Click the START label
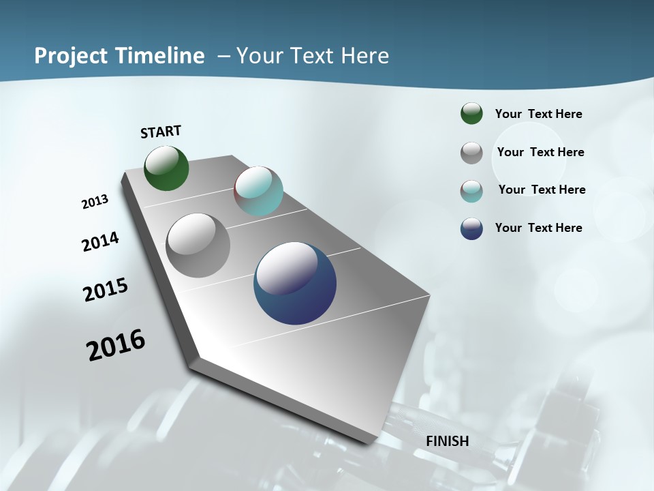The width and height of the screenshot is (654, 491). coord(161,132)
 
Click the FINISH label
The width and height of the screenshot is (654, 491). coord(448,441)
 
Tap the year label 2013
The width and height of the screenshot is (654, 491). coord(95,202)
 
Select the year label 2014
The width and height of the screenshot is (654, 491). coord(101,242)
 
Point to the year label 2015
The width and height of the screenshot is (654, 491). coord(106,290)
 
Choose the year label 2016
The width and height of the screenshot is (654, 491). coord(116,345)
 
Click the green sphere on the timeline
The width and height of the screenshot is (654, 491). coord(166,168)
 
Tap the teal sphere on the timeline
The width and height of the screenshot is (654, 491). coord(258,191)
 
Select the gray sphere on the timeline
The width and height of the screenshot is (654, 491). coord(198,245)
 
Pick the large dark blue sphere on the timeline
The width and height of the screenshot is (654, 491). coord(295,283)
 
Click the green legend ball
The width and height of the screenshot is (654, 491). coord(471,113)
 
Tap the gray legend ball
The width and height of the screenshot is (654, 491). coord(471,153)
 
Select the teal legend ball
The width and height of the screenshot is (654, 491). coord(471,191)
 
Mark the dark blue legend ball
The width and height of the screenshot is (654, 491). coord(471,228)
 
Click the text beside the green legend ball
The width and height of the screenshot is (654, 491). coord(539,115)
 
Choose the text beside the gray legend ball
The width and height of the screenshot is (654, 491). coord(541,152)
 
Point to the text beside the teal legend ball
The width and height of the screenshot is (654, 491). coord(542,190)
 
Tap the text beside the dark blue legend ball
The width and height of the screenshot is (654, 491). coord(539,228)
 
